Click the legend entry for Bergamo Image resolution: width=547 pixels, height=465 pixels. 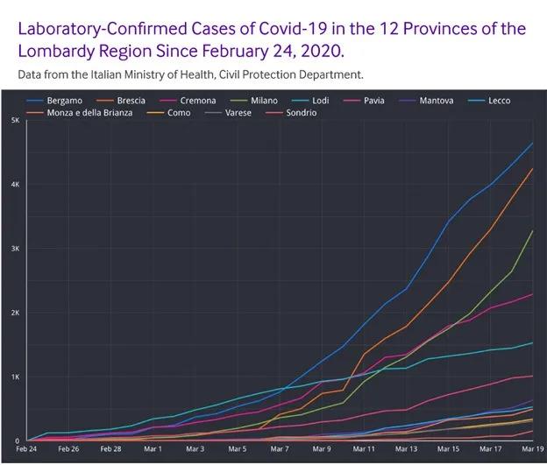pyautogui.click(x=65, y=101)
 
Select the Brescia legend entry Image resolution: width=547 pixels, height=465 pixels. pyautogui.click(x=131, y=101)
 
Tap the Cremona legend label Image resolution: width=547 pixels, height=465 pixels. pyautogui.click(x=197, y=101)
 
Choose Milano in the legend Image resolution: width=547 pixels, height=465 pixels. pyautogui.click(x=264, y=101)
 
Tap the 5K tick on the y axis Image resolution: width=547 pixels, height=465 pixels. pyautogui.click(x=15, y=120)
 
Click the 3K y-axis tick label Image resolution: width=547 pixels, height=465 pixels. pyautogui.click(x=15, y=249)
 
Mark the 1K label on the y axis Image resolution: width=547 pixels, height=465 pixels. pyautogui.click(x=15, y=377)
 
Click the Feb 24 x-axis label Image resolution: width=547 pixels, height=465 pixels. pyautogui.click(x=26, y=448)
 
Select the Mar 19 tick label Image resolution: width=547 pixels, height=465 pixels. pyautogui.click(x=532, y=448)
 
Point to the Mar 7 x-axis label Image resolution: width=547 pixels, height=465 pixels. pyautogui.click(x=279, y=448)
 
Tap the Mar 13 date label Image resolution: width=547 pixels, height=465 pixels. pyautogui.click(x=405, y=448)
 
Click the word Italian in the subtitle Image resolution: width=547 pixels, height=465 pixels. pyautogui.click(x=112, y=74)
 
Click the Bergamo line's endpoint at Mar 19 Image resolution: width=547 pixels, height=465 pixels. pyautogui.click(x=532, y=143)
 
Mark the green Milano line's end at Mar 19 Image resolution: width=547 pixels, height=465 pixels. pyautogui.click(x=532, y=230)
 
